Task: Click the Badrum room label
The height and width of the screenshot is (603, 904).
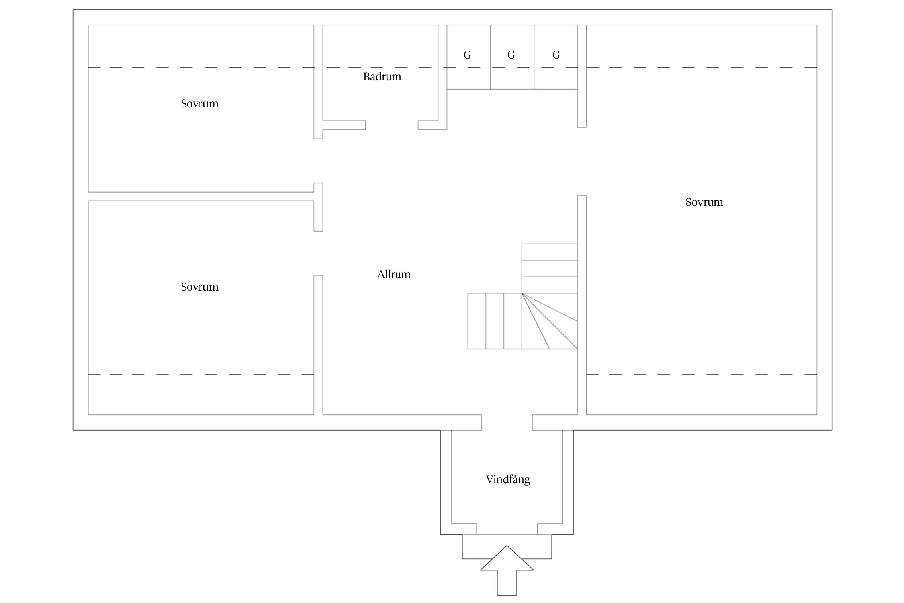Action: click(382, 77)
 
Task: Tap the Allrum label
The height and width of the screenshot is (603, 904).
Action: click(393, 275)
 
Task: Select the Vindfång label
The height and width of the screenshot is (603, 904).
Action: click(507, 480)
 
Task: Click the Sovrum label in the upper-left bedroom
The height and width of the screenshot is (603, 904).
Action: click(199, 104)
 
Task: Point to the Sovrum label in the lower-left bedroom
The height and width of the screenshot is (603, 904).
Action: click(199, 287)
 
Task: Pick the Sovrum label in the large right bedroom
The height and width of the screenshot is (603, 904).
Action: click(704, 202)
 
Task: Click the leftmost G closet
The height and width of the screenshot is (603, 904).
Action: click(468, 56)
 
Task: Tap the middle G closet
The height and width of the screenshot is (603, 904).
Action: click(511, 56)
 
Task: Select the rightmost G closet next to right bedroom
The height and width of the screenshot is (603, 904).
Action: click(556, 56)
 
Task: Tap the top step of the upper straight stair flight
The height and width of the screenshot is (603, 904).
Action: click(549, 252)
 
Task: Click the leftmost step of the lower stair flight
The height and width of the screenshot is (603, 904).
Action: click(477, 321)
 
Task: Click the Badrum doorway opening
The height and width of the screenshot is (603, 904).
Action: click(391, 125)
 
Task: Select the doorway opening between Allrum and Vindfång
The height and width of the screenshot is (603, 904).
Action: click(507, 422)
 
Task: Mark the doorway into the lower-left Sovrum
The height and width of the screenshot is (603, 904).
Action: click(318, 253)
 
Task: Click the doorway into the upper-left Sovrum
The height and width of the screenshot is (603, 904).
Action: click(318, 161)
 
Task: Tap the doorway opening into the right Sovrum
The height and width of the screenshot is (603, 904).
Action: click(582, 161)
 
